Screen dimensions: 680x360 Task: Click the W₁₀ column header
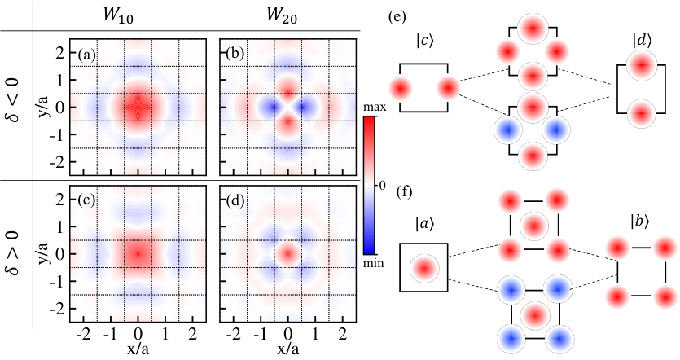[x=118, y=15]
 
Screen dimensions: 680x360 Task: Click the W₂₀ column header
[x=282, y=15]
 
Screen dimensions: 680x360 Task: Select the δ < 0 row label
[x=14, y=99]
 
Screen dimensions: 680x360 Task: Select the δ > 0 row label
[x=14, y=252]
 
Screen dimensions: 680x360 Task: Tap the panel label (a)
[x=86, y=55]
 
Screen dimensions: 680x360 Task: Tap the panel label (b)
[x=235, y=55]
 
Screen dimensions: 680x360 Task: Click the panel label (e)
[x=397, y=17]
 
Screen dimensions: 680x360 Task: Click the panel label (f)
[x=404, y=191]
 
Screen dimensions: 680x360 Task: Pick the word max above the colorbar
[x=375, y=108]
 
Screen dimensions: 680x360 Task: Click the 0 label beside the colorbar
[x=382, y=186]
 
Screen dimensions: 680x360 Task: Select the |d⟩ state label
[x=642, y=42]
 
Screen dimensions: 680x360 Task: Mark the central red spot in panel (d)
[x=288, y=252]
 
